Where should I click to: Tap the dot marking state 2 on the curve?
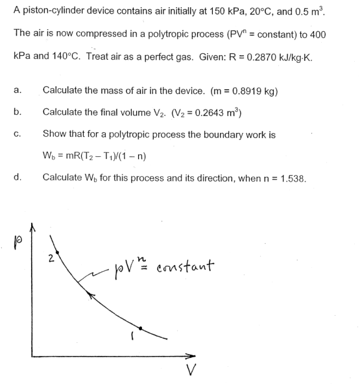(x=59, y=252)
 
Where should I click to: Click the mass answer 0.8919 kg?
(x=255, y=90)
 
